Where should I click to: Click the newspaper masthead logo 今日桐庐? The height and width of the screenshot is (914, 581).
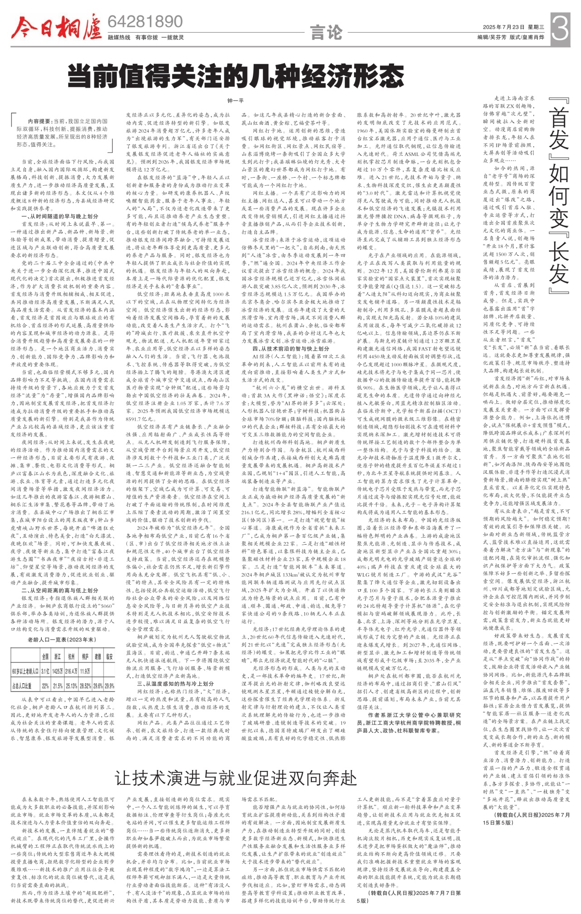point(57,27)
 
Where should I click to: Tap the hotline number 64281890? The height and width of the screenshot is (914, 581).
point(145,22)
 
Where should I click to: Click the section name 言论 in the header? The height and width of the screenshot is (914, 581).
point(326,32)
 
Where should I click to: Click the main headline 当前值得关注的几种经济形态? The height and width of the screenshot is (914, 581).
point(236,76)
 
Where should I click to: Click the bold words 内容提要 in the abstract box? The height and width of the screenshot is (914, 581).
point(39,121)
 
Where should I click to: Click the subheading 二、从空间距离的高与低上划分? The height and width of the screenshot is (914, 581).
point(59,590)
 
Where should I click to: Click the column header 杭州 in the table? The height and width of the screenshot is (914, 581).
point(71,656)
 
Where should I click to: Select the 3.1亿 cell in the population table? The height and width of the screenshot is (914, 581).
point(45,671)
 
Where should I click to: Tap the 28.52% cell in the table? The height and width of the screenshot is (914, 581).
point(85,685)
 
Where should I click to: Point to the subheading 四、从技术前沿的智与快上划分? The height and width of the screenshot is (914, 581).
point(291,348)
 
